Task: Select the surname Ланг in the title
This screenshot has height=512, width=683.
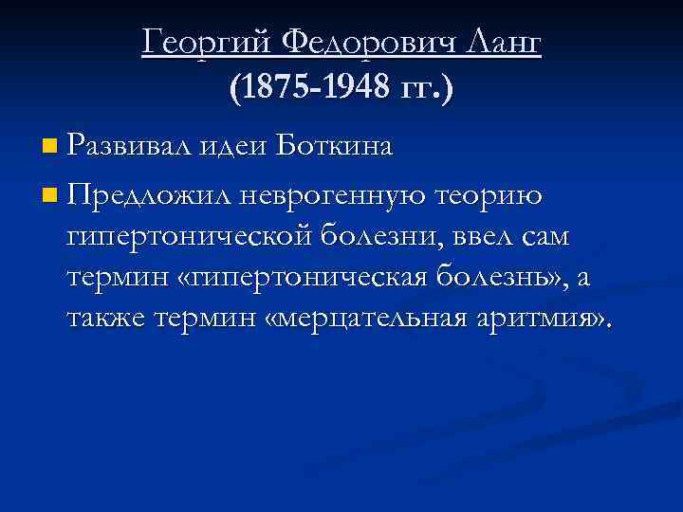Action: [x=502, y=42]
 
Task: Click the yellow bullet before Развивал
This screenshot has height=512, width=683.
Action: [x=49, y=148]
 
